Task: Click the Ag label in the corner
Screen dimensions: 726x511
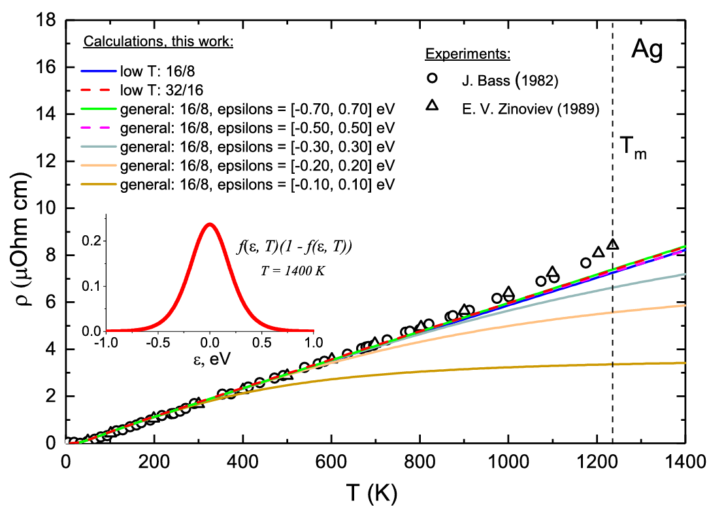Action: (x=647, y=50)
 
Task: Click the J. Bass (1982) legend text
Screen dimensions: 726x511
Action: (x=510, y=81)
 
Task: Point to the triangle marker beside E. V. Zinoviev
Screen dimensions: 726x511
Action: (x=432, y=106)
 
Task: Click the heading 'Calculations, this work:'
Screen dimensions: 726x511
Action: (x=158, y=42)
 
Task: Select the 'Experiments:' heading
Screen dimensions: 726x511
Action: (x=468, y=54)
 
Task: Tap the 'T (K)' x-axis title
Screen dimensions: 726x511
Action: (x=371, y=493)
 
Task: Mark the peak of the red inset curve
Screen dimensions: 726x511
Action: (x=210, y=225)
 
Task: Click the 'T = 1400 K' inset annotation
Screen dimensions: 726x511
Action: (x=293, y=271)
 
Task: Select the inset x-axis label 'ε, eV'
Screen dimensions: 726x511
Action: (x=212, y=359)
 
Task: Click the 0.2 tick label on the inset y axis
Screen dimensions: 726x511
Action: (x=91, y=240)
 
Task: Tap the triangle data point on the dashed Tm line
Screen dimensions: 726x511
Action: (x=613, y=244)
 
